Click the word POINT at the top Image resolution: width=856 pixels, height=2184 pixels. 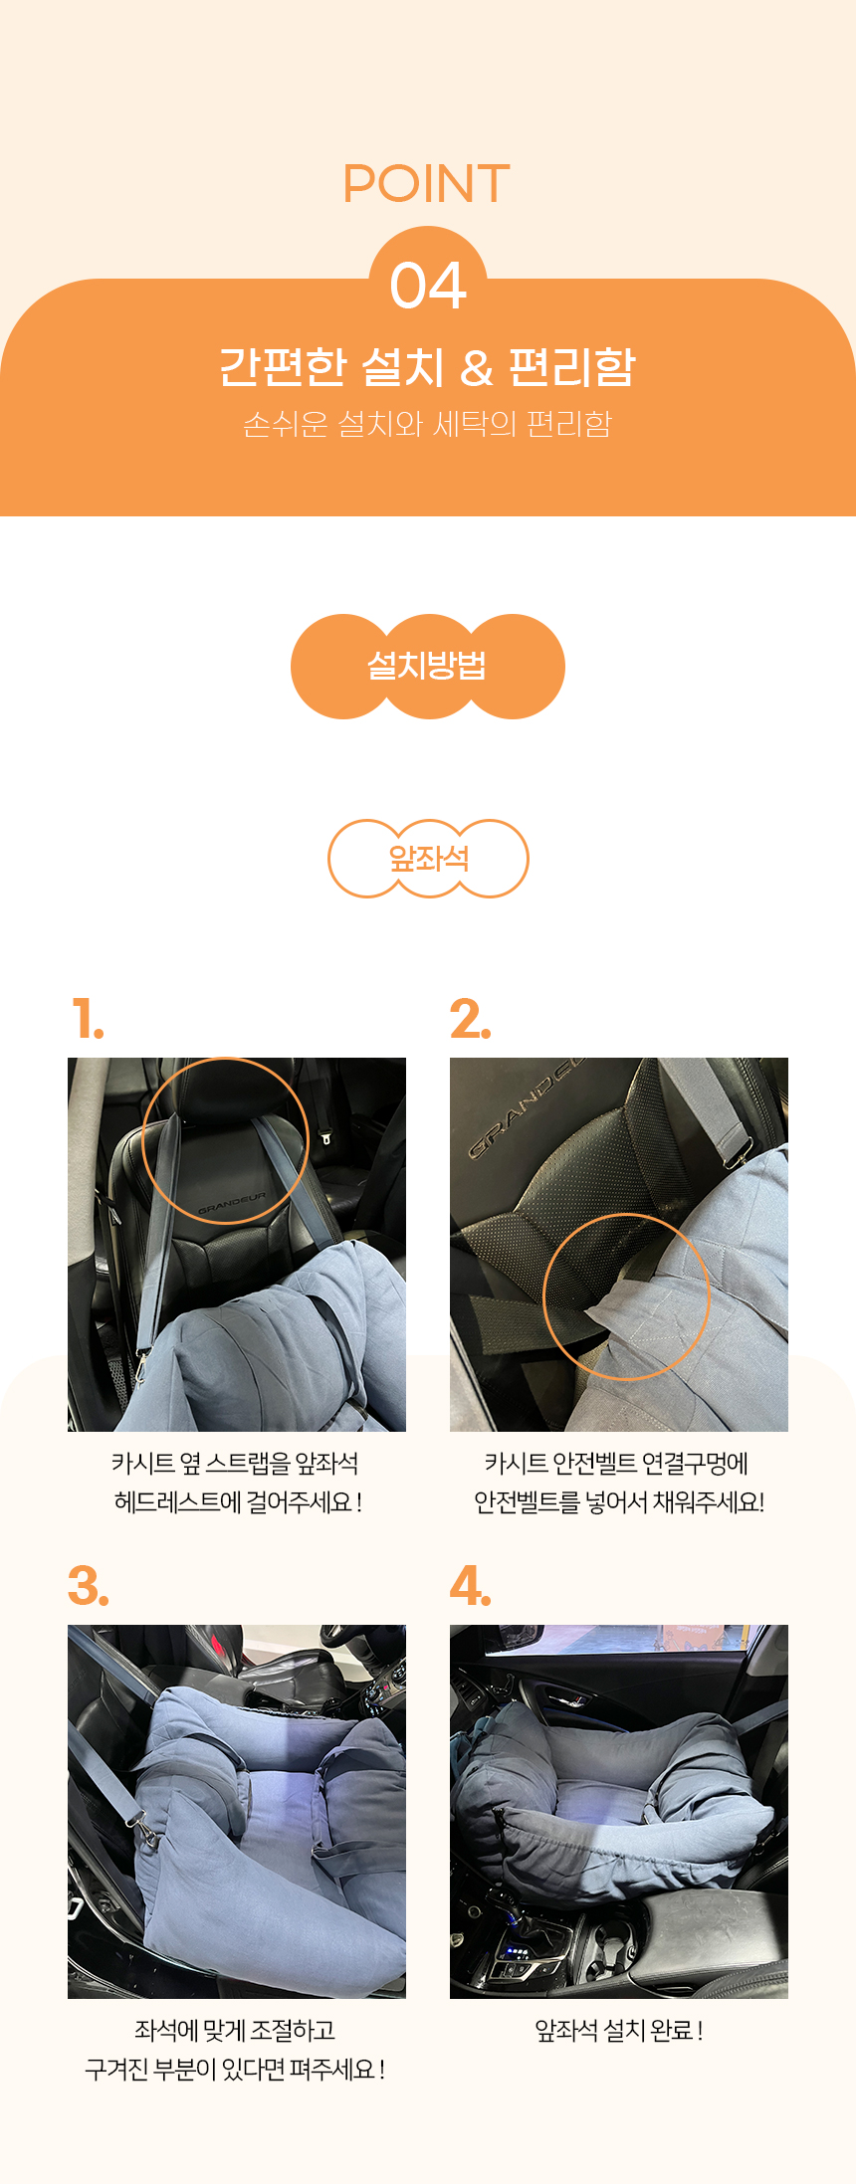click(427, 184)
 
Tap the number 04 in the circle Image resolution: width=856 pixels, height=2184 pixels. click(428, 286)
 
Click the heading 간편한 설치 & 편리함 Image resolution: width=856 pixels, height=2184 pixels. click(427, 366)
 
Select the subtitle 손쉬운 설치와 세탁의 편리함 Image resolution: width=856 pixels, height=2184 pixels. click(427, 424)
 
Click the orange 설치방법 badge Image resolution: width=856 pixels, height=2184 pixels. click(428, 666)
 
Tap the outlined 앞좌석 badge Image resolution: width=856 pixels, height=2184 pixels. click(428, 859)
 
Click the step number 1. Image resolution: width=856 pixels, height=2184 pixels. click(88, 1020)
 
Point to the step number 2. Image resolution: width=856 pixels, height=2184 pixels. click(470, 1020)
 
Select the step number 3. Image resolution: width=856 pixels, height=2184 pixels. click(89, 1586)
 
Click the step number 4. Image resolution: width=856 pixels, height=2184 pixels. click(471, 1586)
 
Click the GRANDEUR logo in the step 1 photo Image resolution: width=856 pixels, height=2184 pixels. click(232, 1203)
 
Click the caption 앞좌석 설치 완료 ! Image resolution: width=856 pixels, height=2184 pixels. click(619, 2030)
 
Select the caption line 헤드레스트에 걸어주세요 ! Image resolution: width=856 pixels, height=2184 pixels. click(238, 1501)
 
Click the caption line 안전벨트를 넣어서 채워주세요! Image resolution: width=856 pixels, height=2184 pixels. click(619, 1501)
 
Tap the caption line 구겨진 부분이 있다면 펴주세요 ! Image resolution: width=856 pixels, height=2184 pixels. click(236, 2069)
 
